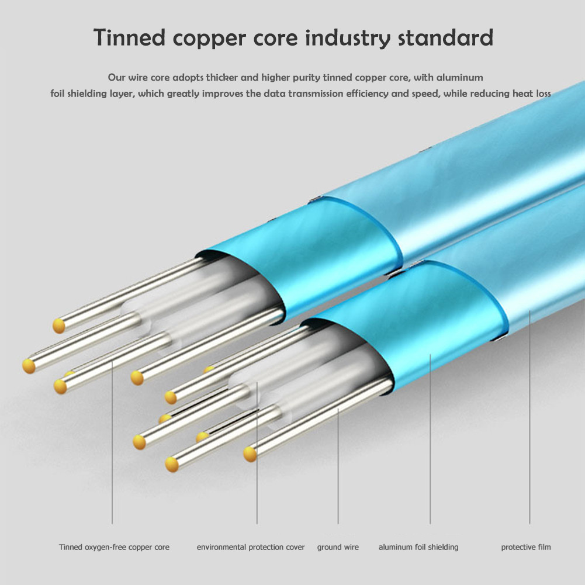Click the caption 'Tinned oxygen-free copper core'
coord(114,548)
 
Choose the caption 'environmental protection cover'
coord(251,548)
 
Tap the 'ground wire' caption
coord(338,548)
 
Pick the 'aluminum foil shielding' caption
coord(418,548)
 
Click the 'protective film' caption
coord(526,548)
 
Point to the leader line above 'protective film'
coord(530,421)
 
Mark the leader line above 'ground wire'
coord(338,468)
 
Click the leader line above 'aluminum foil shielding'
coord(431,438)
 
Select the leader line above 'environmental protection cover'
coord(257,456)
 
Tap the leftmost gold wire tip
coord(28,366)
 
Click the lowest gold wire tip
coord(171,465)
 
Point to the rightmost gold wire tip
coord(250,453)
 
